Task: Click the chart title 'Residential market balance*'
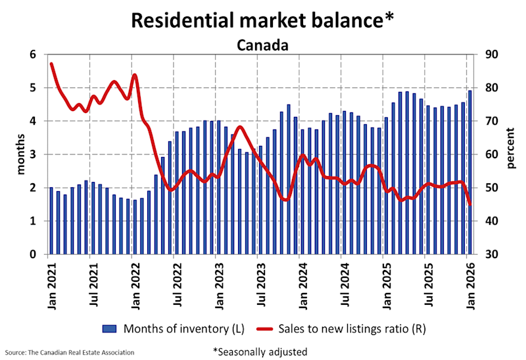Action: (x=262, y=20)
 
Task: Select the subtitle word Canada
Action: (x=262, y=45)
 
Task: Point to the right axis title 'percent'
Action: (x=512, y=154)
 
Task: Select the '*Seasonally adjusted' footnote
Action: (x=260, y=352)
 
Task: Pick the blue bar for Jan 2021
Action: (x=51, y=221)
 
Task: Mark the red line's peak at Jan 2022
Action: (x=135, y=75)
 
